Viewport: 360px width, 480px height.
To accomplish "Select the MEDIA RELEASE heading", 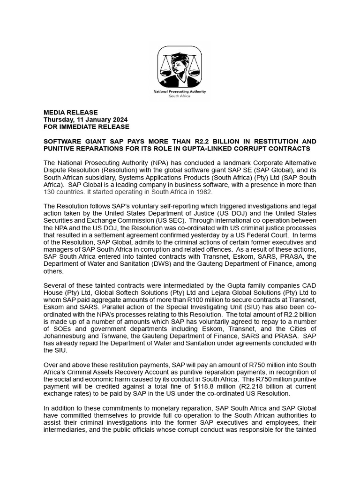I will pos(70,112).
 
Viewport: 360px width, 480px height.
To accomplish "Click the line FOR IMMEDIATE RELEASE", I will pos(86,127).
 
